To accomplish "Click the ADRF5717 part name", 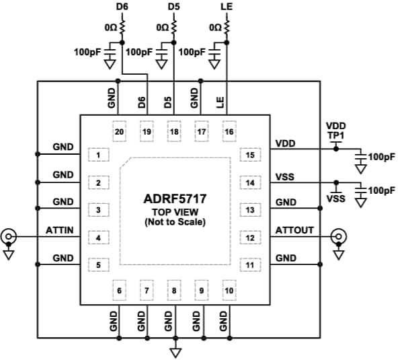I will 175,199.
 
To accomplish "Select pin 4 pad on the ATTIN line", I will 99,238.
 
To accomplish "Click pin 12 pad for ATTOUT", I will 251,238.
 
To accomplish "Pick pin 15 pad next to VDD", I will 251,155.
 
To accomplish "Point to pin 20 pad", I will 119,132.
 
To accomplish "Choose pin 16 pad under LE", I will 229,132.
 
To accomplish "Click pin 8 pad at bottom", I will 175,291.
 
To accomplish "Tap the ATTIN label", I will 60,230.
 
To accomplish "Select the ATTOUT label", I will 294,230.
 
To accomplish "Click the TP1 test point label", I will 335,135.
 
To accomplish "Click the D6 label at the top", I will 122,6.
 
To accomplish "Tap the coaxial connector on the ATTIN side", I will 9,238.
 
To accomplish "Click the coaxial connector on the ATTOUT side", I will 340,238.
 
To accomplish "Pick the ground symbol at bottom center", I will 175,352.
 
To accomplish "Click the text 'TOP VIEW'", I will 175,212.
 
